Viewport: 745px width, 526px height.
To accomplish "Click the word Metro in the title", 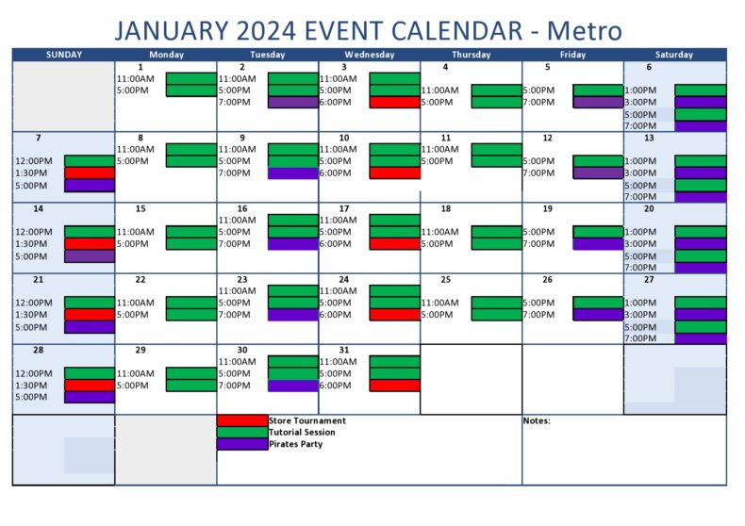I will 585,30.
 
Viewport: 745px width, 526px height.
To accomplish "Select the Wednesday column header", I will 369,55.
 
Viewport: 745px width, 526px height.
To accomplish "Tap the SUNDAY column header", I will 64,55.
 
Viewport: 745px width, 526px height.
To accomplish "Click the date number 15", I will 141,208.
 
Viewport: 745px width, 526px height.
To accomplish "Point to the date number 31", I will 344,350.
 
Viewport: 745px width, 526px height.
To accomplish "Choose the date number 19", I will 548,208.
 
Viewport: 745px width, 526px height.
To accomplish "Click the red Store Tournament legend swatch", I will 242,420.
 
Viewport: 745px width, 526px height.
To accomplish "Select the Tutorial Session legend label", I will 301,432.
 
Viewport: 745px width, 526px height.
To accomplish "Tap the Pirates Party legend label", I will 295,443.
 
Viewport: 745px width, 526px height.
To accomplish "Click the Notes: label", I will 537,420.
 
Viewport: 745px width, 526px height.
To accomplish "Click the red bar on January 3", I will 394,102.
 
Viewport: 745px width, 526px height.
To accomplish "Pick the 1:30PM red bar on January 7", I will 90,173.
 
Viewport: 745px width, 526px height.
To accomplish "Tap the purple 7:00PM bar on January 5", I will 598,102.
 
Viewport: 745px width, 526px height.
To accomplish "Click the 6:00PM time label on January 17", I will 335,243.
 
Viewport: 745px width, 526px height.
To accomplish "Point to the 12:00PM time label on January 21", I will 33,303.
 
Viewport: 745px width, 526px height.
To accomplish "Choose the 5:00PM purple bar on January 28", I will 90,397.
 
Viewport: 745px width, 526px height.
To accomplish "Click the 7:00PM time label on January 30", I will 234,386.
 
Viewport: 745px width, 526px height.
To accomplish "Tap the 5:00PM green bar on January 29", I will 191,386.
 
